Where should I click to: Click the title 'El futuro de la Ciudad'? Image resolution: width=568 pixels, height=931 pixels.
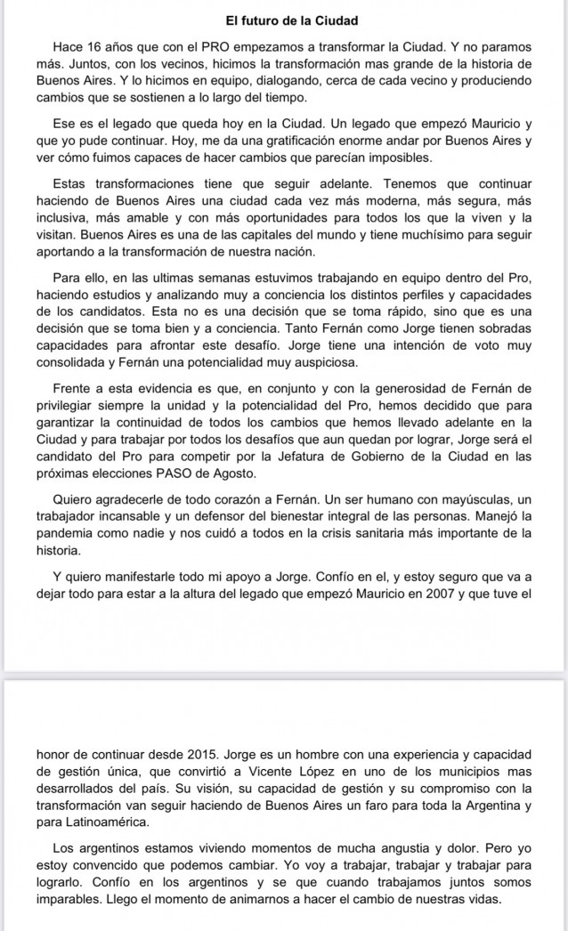click(284, 18)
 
